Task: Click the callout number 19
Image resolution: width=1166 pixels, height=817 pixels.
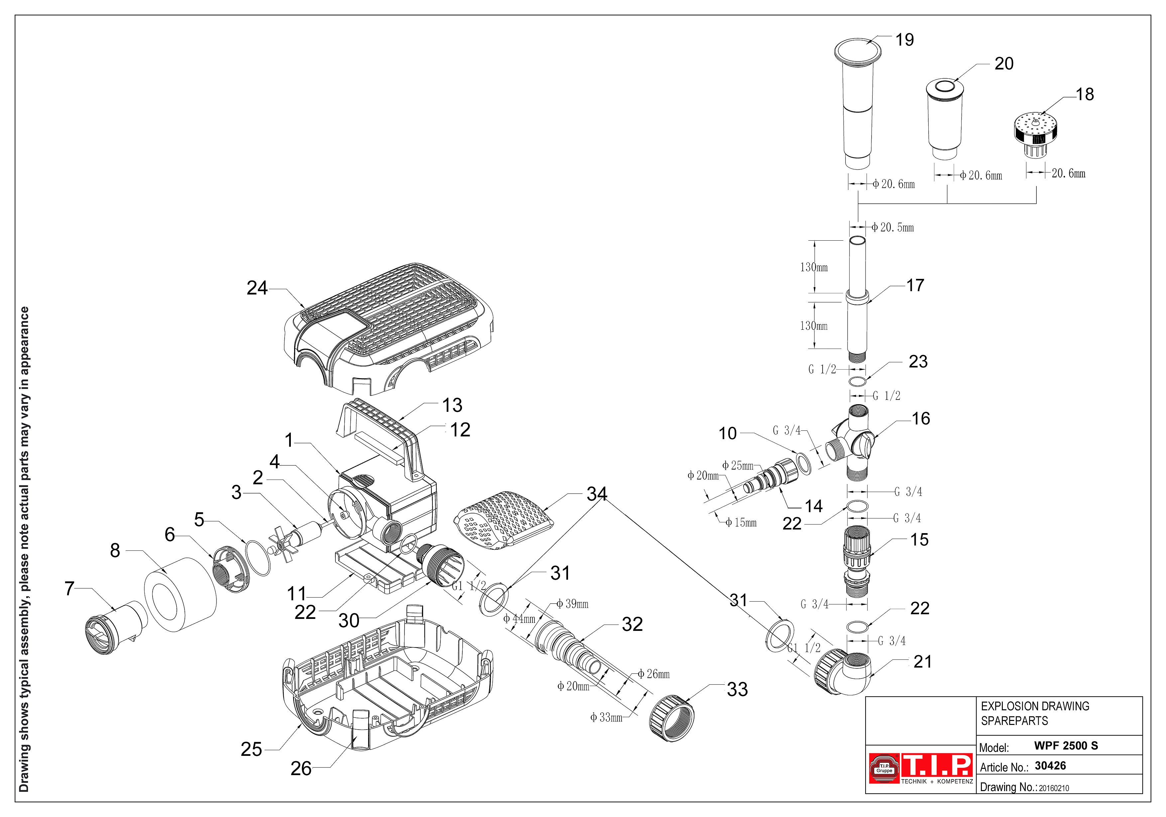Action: (x=904, y=40)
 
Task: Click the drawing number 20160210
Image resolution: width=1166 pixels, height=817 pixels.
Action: (x=1054, y=788)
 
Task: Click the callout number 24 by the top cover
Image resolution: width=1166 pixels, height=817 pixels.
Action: (x=257, y=288)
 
